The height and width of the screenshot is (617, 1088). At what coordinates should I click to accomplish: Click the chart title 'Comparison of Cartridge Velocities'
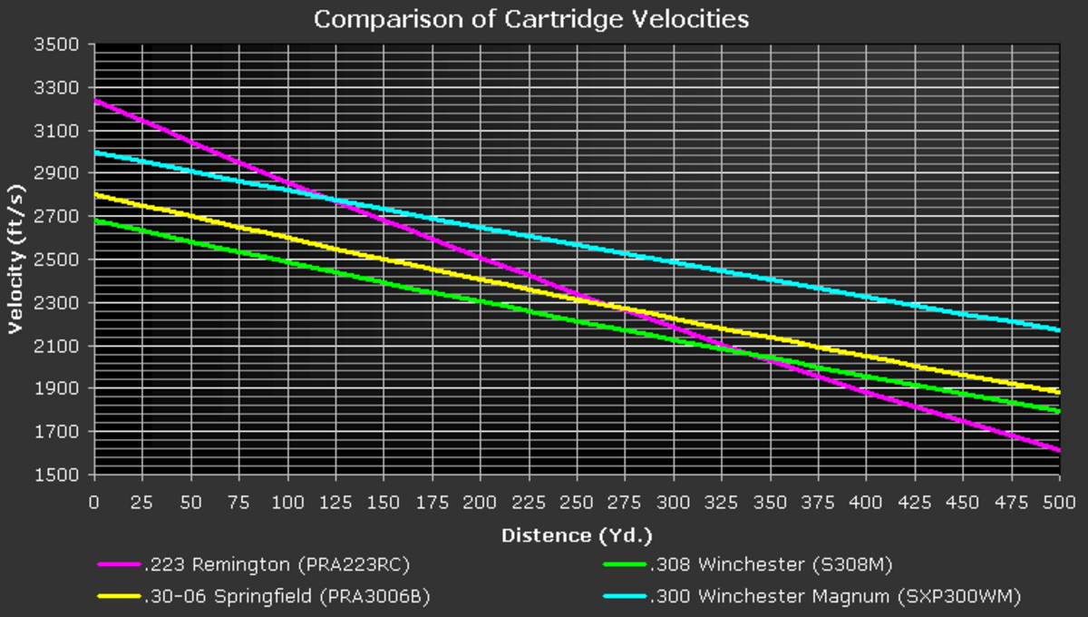point(531,19)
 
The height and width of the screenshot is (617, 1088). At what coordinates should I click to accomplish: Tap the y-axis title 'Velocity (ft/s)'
point(15,260)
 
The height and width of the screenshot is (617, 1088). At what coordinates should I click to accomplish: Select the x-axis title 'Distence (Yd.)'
point(577,535)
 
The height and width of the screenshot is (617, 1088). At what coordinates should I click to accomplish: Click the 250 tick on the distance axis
point(577,502)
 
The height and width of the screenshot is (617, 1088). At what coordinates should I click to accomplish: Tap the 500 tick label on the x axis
point(1059,502)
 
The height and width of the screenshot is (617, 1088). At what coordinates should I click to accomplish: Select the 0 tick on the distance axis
point(93,502)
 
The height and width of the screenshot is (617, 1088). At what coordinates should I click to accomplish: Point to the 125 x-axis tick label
point(335,502)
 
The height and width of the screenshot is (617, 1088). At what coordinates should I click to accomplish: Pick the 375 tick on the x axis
point(818,502)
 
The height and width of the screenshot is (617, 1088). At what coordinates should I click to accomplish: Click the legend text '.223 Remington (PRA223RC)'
point(277,565)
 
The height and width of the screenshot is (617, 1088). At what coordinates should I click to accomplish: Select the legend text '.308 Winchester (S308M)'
point(772,565)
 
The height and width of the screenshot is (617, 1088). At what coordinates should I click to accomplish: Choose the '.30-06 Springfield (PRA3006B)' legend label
point(287,596)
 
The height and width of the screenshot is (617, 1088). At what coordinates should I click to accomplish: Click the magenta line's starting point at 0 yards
point(94,101)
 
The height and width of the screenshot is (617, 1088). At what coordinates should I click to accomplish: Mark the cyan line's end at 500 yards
point(1059,329)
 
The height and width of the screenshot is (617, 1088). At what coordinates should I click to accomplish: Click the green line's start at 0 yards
point(94,220)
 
